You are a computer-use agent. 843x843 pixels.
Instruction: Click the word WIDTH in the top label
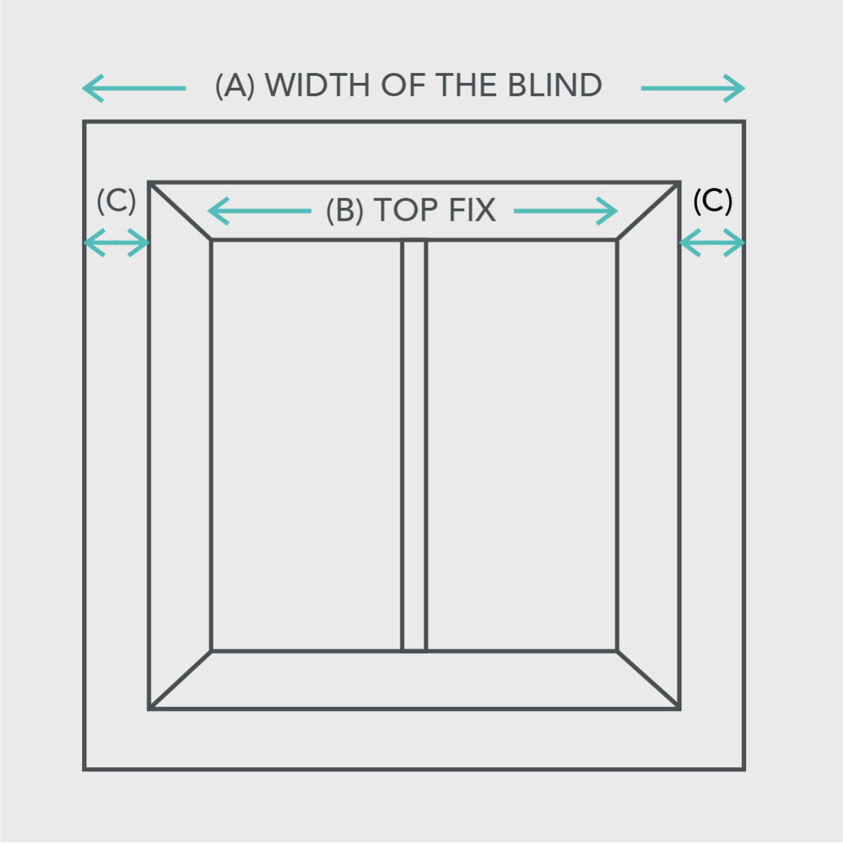(x=318, y=85)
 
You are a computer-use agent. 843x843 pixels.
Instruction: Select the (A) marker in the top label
(x=235, y=86)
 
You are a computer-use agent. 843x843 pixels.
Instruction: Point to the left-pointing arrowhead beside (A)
(x=93, y=89)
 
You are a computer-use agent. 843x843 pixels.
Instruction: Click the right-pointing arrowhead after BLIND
(x=735, y=89)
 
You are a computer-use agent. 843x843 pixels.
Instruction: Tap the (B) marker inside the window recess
(x=345, y=211)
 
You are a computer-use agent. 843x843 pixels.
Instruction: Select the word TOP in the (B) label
(x=405, y=210)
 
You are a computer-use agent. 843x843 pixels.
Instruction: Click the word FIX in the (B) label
(x=473, y=210)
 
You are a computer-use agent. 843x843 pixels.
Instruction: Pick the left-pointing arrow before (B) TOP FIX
(x=259, y=211)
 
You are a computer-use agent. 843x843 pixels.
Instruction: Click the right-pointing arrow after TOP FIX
(x=566, y=211)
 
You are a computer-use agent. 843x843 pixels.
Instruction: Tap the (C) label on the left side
(x=117, y=201)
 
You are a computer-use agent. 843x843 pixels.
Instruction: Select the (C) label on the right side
(x=712, y=201)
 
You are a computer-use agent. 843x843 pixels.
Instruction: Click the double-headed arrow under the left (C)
(x=117, y=242)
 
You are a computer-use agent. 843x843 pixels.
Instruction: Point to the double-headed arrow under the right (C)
(x=712, y=242)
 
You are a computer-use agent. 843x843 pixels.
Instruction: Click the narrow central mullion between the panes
(x=414, y=446)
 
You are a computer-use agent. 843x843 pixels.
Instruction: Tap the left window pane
(x=307, y=446)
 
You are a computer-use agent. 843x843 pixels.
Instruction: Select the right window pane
(x=521, y=446)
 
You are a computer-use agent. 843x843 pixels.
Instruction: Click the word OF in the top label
(x=403, y=85)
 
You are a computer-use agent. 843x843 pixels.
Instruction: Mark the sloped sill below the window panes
(x=414, y=679)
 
